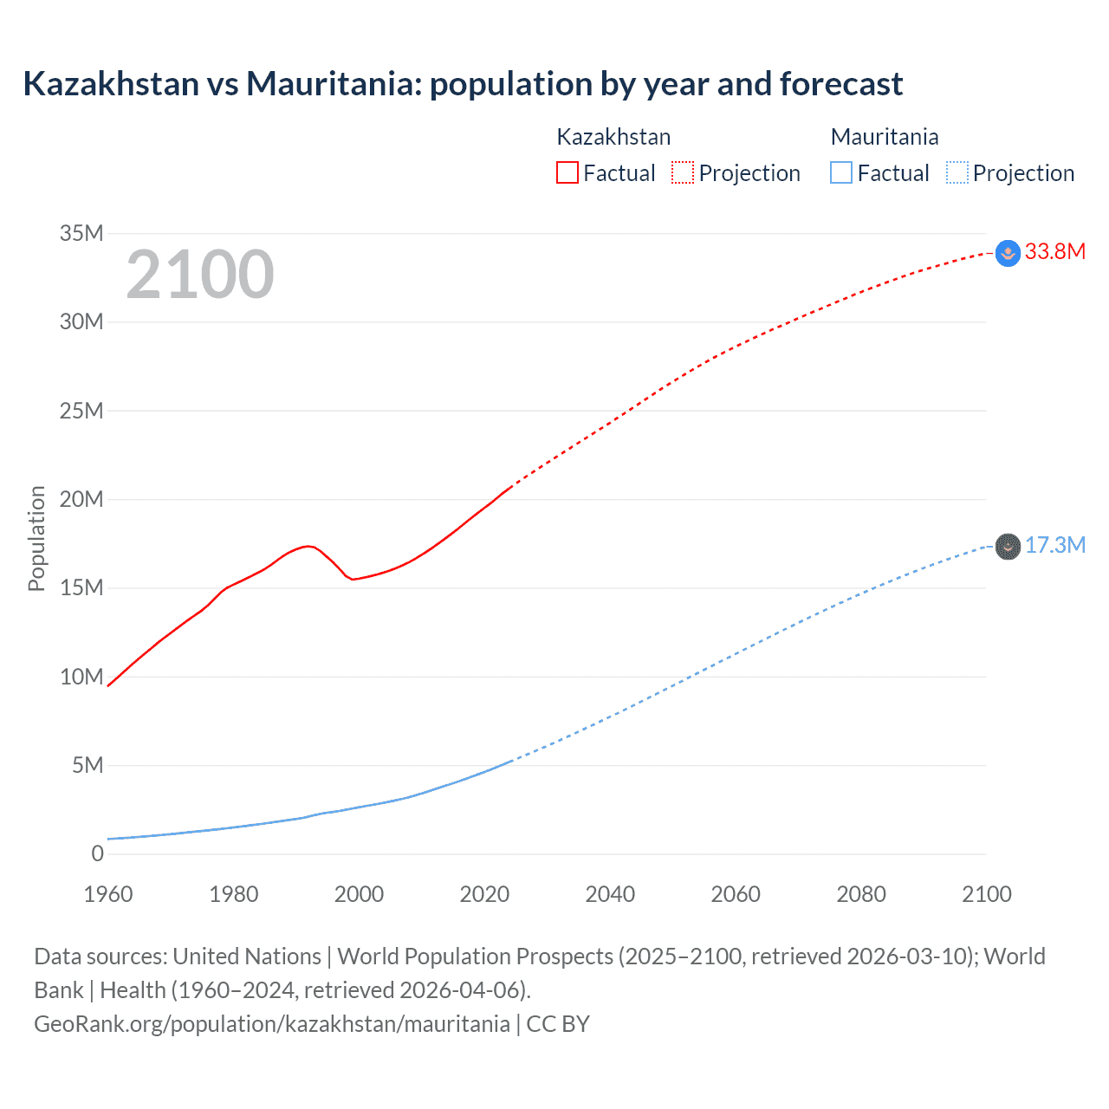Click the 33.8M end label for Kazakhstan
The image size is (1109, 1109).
(x=1054, y=251)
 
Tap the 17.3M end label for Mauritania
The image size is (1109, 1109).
(x=1054, y=545)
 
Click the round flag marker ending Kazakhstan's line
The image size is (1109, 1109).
(x=1008, y=253)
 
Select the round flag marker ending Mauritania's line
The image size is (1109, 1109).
(x=1008, y=547)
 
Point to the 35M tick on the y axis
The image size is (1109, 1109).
(x=81, y=233)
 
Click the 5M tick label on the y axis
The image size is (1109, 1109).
(x=88, y=765)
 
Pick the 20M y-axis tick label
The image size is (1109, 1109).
(x=81, y=499)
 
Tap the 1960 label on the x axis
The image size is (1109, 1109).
(x=108, y=894)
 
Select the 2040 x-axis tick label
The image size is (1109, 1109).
(x=610, y=894)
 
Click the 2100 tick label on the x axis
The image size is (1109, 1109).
(x=986, y=894)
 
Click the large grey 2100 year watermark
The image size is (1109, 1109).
(x=200, y=275)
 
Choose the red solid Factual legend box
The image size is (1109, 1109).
(x=567, y=172)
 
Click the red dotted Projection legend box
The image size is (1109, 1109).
(x=683, y=172)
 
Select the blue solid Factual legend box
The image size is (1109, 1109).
(x=841, y=172)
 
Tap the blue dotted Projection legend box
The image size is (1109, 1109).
(x=957, y=172)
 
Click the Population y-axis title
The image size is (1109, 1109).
(x=36, y=538)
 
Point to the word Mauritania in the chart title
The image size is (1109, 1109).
(x=333, y=84)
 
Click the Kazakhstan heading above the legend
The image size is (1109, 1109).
(x=613, y=137)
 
